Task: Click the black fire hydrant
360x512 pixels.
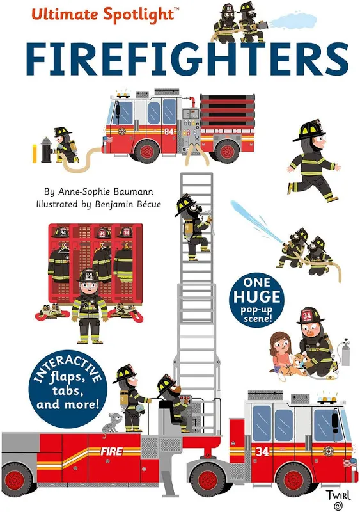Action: coord(47,150)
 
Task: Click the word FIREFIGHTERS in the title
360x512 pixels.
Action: coord(187,60)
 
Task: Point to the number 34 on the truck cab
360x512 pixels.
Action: coord(262,451)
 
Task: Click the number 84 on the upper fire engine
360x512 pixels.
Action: coord(169,132)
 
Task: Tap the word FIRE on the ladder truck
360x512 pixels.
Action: coord(112,451)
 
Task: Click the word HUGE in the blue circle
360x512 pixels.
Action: coord(256,296)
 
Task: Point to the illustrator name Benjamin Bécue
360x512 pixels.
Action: coord(128,204)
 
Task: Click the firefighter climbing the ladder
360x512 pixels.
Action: coord(194,227)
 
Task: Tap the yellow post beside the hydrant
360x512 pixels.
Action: coord(35,154)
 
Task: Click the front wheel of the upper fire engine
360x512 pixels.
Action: coord(146,152)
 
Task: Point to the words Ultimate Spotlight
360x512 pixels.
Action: coord(103,15)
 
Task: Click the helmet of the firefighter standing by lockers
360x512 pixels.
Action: coord(88,275)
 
